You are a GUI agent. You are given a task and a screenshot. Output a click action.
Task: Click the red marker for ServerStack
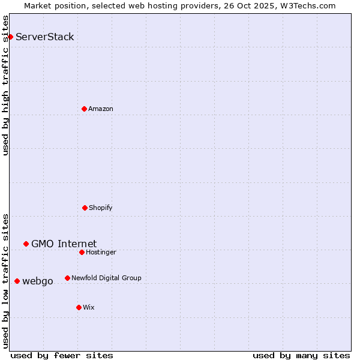pyautogui.click(x=10, y=37)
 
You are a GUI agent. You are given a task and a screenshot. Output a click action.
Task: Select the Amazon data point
pyautogui.click(x=84, y=109)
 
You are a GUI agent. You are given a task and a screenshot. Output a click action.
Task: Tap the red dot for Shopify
pyautogui.click(x=85, y=208)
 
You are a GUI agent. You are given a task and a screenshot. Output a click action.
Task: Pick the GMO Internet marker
pyautogui.click(x=26, y=244)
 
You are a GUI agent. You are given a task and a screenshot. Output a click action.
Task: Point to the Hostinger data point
pyautogui.click(x=82, y=252)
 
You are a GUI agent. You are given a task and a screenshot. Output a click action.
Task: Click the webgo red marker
pyautogui.click(x=17, y=281)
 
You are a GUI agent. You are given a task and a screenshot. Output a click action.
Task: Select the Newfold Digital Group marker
pyautogui.click(x=67, y=278)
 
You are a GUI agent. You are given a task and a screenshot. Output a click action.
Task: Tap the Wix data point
pyautogui.click(x=79, y=307)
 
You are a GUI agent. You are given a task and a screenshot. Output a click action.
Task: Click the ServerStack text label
pyautogui.click(x=45, y=37)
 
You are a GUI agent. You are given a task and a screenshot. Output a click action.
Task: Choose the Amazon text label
pyautogui.click(x=101, y=109)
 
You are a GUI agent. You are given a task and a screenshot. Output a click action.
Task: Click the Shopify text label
pyautogui.click(x=101, y=208)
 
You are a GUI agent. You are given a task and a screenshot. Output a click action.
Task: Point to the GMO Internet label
pyautogui.click(x=64, y=244)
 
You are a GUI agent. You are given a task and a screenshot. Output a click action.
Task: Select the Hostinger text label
pyautogui.click(x=101, y=252)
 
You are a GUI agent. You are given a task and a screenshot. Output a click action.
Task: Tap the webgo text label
pyautogui.click(x=38, y=281)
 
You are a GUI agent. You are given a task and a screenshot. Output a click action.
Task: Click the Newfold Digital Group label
pyautogui.click(x=106, y=278)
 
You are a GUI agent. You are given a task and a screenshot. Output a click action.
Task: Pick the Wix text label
pyautogui.click(x=89, y=307)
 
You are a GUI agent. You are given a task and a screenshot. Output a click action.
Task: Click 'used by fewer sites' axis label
pyautogui.click(x=62, y=355)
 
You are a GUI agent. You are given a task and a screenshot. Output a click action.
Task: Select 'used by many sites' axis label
pyautogui.click(x=301, y=355)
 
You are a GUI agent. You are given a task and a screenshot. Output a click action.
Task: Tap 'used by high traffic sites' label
pyautogui.click(x=5, y=85)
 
